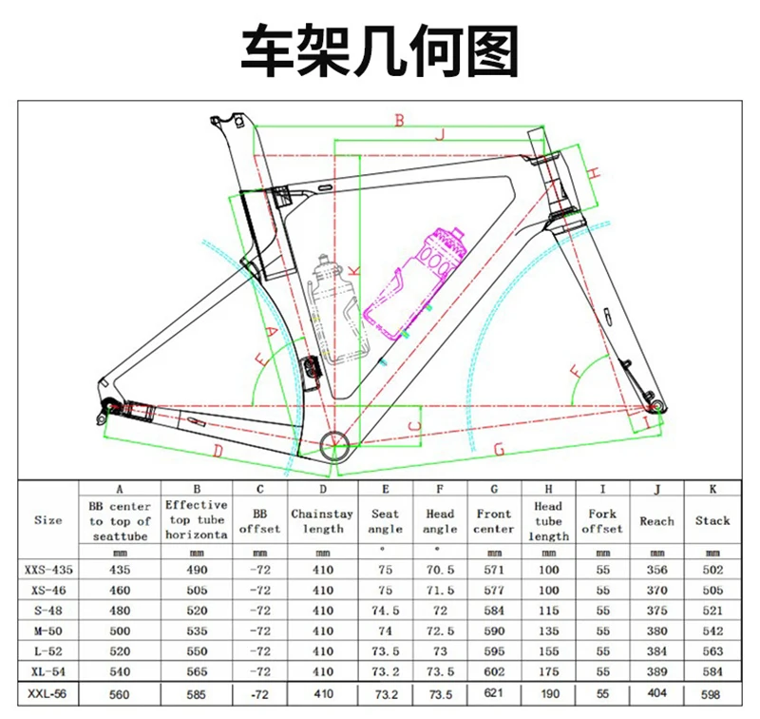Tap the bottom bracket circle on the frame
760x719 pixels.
(334, 443)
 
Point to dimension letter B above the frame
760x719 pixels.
(400, 121)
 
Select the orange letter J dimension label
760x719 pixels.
(439, 136)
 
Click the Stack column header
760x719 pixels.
(712, 520)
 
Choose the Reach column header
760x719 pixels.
(656, 520)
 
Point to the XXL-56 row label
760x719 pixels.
(48, 695)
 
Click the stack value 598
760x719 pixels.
(712, 695)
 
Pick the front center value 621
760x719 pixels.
(494, 695)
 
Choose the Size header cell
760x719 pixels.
(48, 520)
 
